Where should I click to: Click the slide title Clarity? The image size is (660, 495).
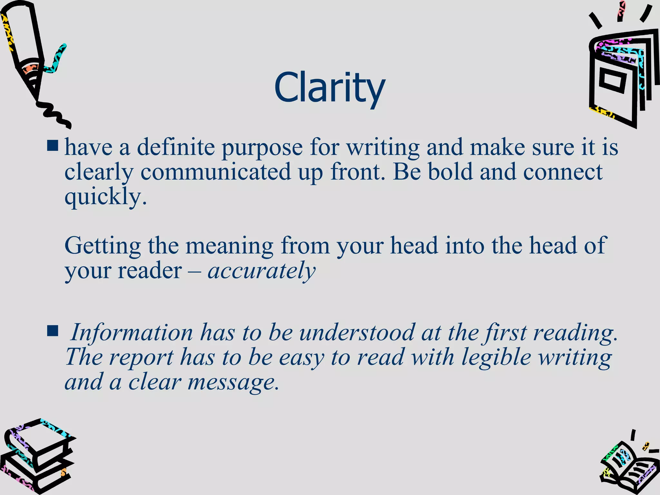point(330,88)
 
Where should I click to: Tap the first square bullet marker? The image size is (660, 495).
point(53,145)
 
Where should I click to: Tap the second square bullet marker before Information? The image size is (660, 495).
point(53,331)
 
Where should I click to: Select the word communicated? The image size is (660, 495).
point(216,172)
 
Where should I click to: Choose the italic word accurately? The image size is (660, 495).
point(261,271)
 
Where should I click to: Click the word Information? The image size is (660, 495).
point(131,333)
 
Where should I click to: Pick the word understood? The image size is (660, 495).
point(357,333)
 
